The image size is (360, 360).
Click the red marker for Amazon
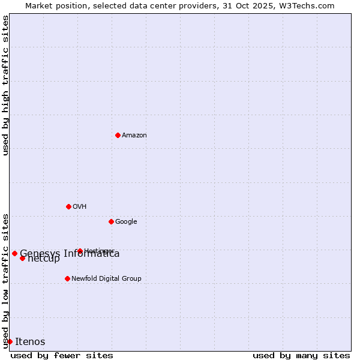118,135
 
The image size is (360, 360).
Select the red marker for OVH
68,206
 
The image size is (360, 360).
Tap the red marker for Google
111,221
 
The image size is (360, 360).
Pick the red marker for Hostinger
80,251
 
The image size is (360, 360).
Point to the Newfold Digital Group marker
67,278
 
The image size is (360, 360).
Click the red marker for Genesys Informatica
14,253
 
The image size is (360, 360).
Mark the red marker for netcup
22,258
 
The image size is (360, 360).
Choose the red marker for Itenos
10,341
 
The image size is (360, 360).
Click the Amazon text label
134,135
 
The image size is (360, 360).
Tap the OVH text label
80,206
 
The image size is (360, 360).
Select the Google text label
126,221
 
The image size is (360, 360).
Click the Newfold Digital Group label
106,278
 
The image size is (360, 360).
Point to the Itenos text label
30,341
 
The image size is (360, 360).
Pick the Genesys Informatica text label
70,253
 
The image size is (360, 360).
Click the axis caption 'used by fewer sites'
62,355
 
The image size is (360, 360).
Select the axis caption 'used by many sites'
301,355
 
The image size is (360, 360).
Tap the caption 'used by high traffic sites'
5,85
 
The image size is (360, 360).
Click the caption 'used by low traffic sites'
5,280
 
